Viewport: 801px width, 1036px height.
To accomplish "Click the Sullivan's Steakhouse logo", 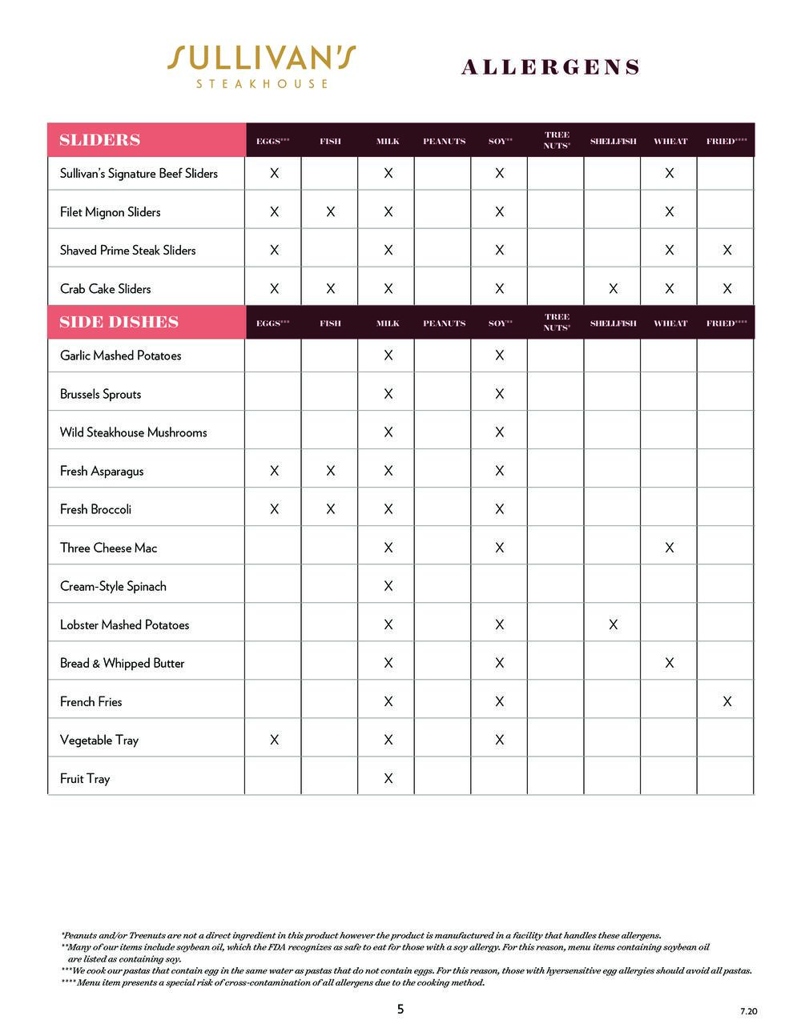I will [262, 66].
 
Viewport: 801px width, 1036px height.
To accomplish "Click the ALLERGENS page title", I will [550, 67].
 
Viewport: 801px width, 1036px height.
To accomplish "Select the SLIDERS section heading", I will [99, 140].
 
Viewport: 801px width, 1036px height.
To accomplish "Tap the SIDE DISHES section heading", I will [119, 323].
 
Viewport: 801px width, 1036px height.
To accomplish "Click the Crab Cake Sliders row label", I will [105, 289].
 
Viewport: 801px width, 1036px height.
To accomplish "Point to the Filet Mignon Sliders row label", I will [110, 212].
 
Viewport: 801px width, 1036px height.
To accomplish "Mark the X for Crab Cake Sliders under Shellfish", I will [613, 289].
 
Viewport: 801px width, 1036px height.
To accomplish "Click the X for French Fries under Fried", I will [727, 702].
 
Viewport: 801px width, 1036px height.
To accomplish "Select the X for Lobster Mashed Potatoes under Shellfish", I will [613, 625].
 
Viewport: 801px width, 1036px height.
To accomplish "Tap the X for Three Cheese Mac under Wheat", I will [669, 548].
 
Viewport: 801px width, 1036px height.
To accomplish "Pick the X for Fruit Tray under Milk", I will [388, 779].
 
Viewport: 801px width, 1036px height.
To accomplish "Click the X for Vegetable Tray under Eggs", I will [274, 741].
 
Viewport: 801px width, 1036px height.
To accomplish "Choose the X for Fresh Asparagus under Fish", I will [330, 472].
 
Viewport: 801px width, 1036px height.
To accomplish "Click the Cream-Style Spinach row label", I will [113, 587].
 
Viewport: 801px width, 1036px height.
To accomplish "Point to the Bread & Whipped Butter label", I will [122, 664].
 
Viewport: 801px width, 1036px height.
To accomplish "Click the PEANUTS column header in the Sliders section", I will [444, 142].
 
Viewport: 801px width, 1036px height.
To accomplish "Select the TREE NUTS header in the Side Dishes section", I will [557, 323].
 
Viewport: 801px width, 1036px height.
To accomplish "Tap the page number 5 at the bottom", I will [400, 1010].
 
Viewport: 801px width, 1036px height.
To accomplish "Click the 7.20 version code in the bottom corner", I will [748, 1012].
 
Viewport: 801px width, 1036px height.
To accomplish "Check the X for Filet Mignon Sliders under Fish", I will [330, 212].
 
